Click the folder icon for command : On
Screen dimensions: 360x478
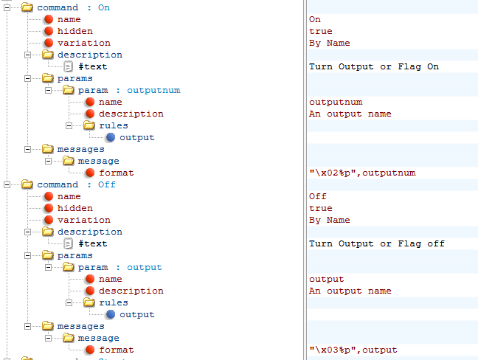point(27,7)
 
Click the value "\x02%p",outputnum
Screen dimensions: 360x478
point(362,173)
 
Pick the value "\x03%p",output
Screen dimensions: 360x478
point(353,350)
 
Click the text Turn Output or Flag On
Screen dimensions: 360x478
point(374,66)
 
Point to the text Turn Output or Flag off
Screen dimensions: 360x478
point(377,243)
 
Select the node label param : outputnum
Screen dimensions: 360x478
point(129,90)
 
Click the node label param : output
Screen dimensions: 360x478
point(119,267)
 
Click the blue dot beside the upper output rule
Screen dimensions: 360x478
point(110,137)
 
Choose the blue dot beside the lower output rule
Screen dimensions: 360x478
point(110,314)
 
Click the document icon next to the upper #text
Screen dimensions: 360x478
point(69,66)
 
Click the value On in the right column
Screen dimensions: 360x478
point(315,19)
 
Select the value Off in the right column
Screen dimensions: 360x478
point(318,196)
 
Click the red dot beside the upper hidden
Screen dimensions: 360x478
point(48,31)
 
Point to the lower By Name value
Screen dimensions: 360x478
point(330,220)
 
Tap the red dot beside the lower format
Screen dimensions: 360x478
point(89,350)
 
